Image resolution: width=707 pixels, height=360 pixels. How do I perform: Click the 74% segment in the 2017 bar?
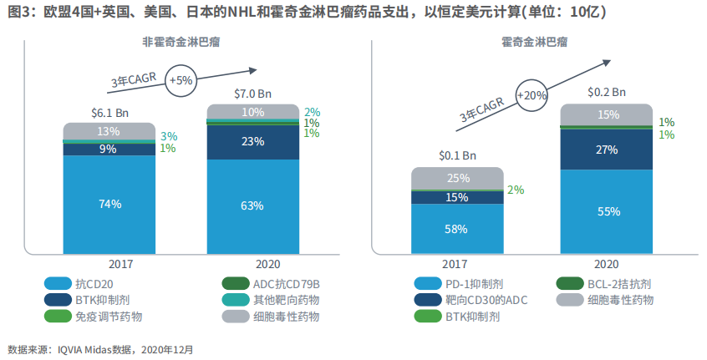tap(109, 204)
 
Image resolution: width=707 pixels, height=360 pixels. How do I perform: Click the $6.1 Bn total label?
tap(109, 112)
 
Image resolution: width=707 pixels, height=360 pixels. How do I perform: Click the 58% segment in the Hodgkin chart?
tap(457, 228)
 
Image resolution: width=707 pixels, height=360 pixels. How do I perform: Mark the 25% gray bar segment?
tap(457, 178)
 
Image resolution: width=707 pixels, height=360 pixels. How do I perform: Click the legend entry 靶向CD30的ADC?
tap(486, 300)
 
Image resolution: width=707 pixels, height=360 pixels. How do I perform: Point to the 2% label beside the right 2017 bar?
tap(516, 190)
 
